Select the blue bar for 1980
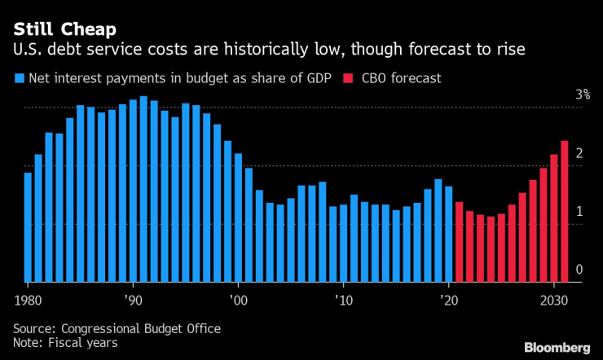point(28,227)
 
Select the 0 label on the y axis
point(579,270)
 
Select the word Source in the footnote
point(33,327)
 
